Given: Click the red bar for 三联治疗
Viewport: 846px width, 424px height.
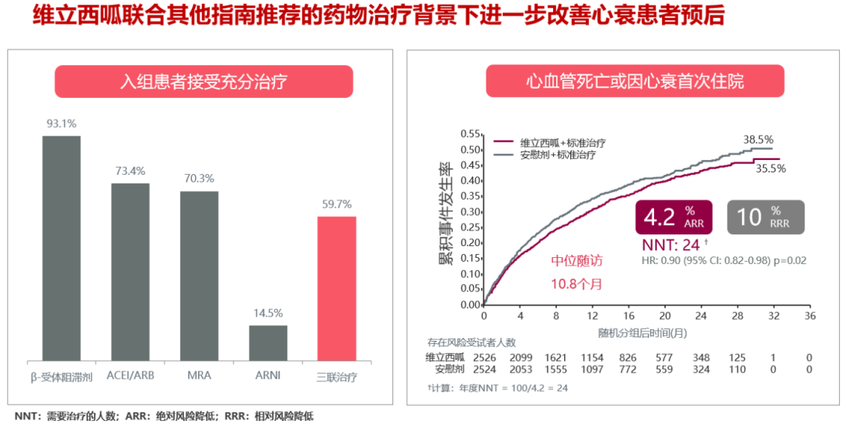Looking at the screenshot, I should (337, 288).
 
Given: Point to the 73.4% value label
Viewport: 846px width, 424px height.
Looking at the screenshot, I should (130, 171).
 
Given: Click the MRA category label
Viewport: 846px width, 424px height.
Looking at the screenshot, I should (199, 376).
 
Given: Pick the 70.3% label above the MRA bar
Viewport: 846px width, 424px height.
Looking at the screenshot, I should (199, 179).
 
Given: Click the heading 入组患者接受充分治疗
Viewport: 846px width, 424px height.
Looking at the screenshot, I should (204, 82).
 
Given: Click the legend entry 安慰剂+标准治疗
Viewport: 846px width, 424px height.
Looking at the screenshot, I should (557, 154).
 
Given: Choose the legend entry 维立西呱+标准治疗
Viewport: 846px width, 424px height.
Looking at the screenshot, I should (562, 143).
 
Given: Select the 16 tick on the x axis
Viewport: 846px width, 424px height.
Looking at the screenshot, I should (629, 315).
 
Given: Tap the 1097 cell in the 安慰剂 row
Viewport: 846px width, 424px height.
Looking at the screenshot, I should (591, 369).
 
